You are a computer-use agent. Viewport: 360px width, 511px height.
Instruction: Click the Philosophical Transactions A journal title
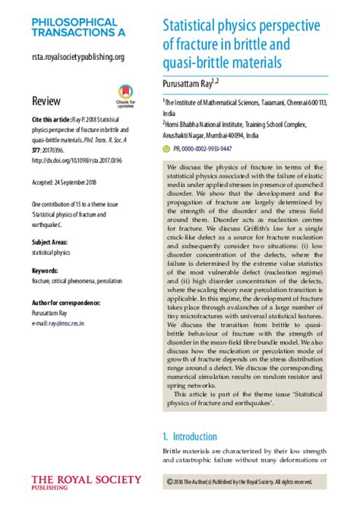pos(74,28)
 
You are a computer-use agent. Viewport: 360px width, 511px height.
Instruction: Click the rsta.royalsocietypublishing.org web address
pos(77,56)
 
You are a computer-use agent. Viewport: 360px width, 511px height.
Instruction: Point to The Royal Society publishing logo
pos(86,483)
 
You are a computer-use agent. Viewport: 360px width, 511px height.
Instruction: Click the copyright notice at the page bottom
pos(240,481)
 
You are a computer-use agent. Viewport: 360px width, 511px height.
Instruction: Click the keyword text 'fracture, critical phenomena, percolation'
pos(76,280)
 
